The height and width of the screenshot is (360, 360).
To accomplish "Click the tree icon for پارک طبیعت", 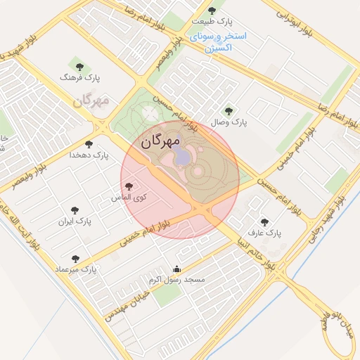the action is (x=213, y=11).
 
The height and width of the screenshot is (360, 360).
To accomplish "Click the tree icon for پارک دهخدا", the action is (x=89, y=143).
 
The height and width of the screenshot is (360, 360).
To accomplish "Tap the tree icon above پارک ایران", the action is (x=75, y=210).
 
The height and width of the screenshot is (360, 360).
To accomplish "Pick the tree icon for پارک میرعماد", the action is (x=76, y=259).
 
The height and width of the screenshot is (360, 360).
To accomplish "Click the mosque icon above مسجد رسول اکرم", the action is (x=176, y=269).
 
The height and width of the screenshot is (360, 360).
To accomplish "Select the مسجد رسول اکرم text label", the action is (x=181, y=280).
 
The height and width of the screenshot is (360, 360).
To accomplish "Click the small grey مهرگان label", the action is (x=91, y=101).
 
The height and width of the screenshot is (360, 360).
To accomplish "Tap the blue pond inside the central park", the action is (x=181, y=155).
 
